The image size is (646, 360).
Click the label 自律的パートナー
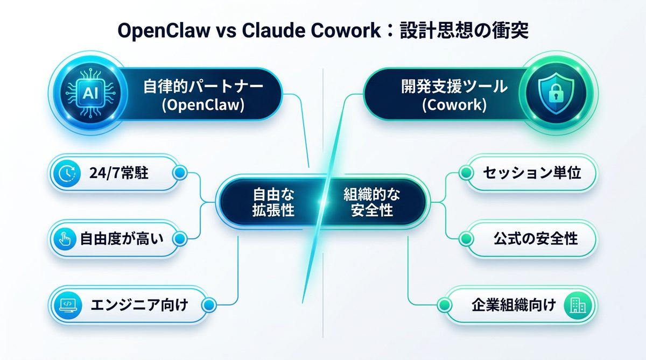(203, 85)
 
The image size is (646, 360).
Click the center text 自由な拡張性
(273, 202)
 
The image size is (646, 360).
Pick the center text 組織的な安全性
(371, 202)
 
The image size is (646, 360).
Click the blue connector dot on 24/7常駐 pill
(180, 173)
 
